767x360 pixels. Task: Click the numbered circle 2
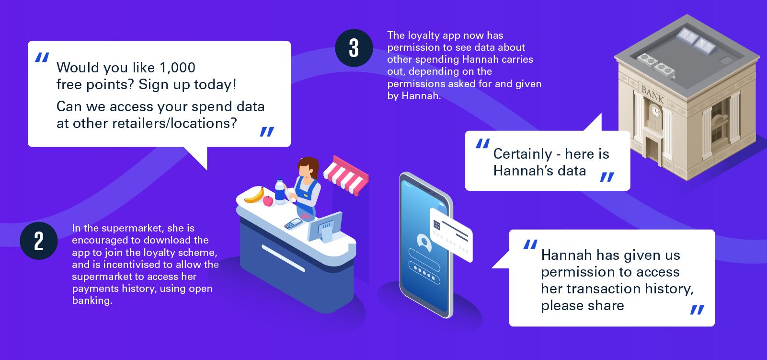click(x=39, y=241)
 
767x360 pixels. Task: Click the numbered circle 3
click(x=354, y=48)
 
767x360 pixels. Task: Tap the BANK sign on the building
click(x=653, y=95)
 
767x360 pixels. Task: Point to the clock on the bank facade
click(x=655, y=111)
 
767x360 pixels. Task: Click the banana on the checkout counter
click(x=254, y=196)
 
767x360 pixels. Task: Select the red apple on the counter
click(x=268, y=201)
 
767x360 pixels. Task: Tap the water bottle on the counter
click(x=280, y=191)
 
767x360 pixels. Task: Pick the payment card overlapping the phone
click(x=451, y=234)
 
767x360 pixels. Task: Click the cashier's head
click(x=308, y=168)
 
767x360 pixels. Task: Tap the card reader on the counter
click(x=293, y=224)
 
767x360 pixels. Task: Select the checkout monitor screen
click(x=325, y=227)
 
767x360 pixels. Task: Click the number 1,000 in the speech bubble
click(x=178, y=68)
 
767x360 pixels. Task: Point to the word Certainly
click(x=523, y=154)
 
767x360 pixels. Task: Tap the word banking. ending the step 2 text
click(x=92, y=301)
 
